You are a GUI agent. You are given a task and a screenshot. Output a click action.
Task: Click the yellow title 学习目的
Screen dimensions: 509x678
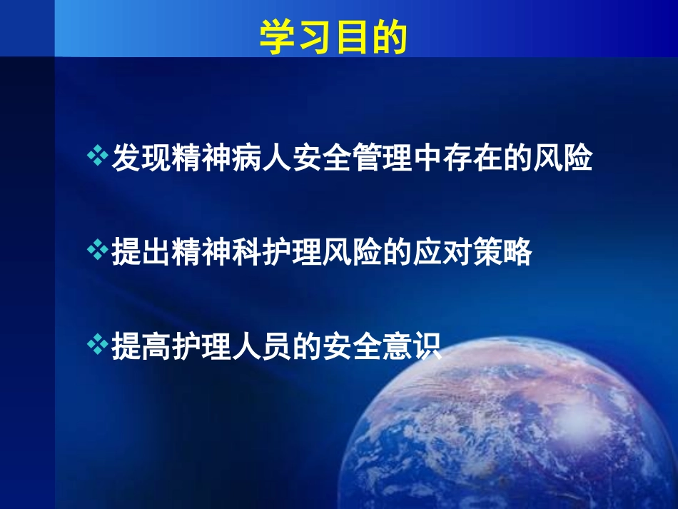(x=333, y=38)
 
